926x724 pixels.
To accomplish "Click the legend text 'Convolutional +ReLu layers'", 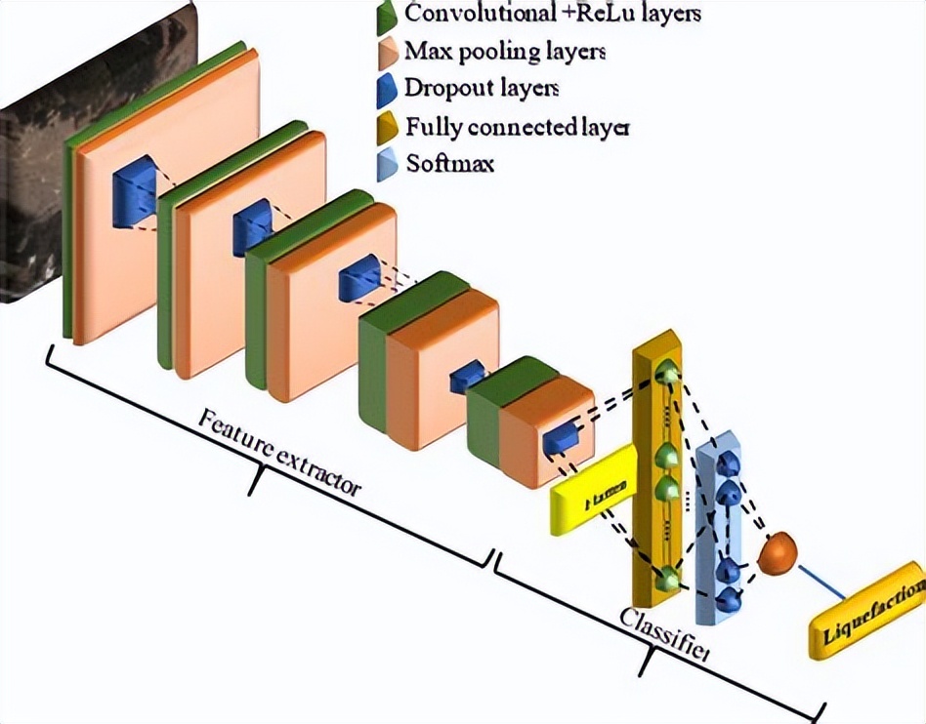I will pos(552,14).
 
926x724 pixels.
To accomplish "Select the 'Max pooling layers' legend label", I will pos(504,51).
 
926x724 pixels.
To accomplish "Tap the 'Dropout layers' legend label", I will pos(482,88).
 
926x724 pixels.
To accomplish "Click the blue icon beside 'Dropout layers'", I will pos(387,89).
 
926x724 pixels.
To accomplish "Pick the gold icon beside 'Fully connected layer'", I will pos(387,127).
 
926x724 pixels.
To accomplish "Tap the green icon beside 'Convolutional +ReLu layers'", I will pos(387,15).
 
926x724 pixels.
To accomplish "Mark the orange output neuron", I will pos(777,553).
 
